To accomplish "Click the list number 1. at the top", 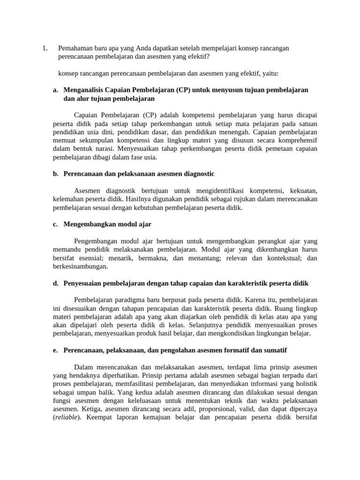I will pyautogui.click(x=45, y=48).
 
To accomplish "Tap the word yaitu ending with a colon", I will pyautogui.click(x=269, y=73).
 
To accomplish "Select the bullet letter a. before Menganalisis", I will pyautogui.click(x=56, y=90).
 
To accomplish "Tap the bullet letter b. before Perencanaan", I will pyautogui.click(x=56, y=174).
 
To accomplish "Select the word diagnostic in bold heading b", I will pyautogui.click(x=197, y=174).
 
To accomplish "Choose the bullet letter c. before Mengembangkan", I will pyautogui.click(x=56, y=225).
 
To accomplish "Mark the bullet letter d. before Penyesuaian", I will pyautogui.click(x=56, y=284).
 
